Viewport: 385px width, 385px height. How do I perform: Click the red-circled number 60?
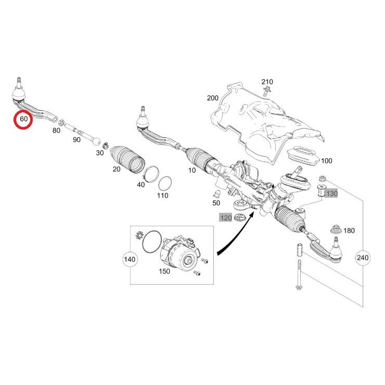pyautogui.click(x=23, y=119)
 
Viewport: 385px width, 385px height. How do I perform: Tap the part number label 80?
pyautogui.click(x=56, y=131)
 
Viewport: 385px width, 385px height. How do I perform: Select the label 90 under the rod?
pyautogui.click(x=76, y=140)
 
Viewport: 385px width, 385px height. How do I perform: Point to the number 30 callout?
pyautogui.click(x=99, y=153)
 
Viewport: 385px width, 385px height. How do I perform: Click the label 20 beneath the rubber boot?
pyautogui.click(x=117, y=170)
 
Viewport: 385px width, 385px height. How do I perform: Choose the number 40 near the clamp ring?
pyautogui.click(x=141, y=184)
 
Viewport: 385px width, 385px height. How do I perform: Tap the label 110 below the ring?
pyautogui.click(x=163, y=196)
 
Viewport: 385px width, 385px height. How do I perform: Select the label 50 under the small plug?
pyautogui.click(x=216, y=202)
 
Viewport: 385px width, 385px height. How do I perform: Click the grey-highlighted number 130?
pyautogui.click(x=332, y=194)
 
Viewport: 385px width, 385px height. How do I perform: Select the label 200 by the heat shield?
pyautogui.click(x=213, y=98)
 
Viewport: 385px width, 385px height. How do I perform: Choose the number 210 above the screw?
pyautogui.click(x=267, y=82)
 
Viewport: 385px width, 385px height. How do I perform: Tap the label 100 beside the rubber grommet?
pyautogui.click(x=326, y=161)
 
